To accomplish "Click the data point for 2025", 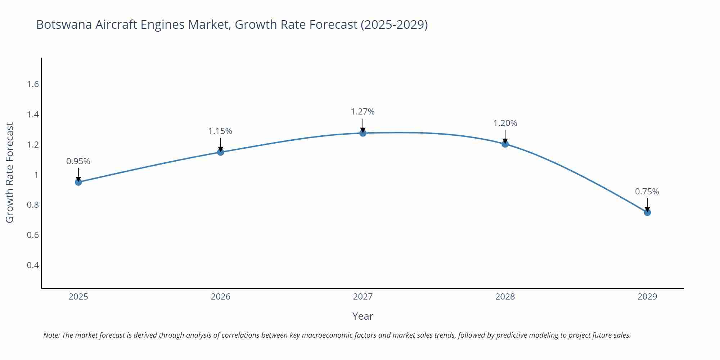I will [78, 182].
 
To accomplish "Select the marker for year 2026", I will [221, 152].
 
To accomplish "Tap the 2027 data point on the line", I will [363, 133].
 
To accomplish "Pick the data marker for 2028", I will [505, 144].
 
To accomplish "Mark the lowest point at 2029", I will [647, 212].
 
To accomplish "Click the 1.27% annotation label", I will [363, 112].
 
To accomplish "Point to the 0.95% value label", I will [78, 161].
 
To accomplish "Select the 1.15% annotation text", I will [220, 131].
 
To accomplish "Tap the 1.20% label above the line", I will [505, 123].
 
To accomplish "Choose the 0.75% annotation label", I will [647, 192].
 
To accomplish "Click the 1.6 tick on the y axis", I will [33, 84].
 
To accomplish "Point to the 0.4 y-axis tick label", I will [33, 265].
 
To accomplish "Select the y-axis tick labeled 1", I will [36, 175].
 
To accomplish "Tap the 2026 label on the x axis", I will [221, 297].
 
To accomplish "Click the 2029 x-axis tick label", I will [647, 297].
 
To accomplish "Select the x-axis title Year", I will [363, 316].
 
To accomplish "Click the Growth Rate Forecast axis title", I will [10, 173].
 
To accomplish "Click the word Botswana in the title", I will [64, 24].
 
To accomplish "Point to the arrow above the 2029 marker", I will [647, 204].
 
